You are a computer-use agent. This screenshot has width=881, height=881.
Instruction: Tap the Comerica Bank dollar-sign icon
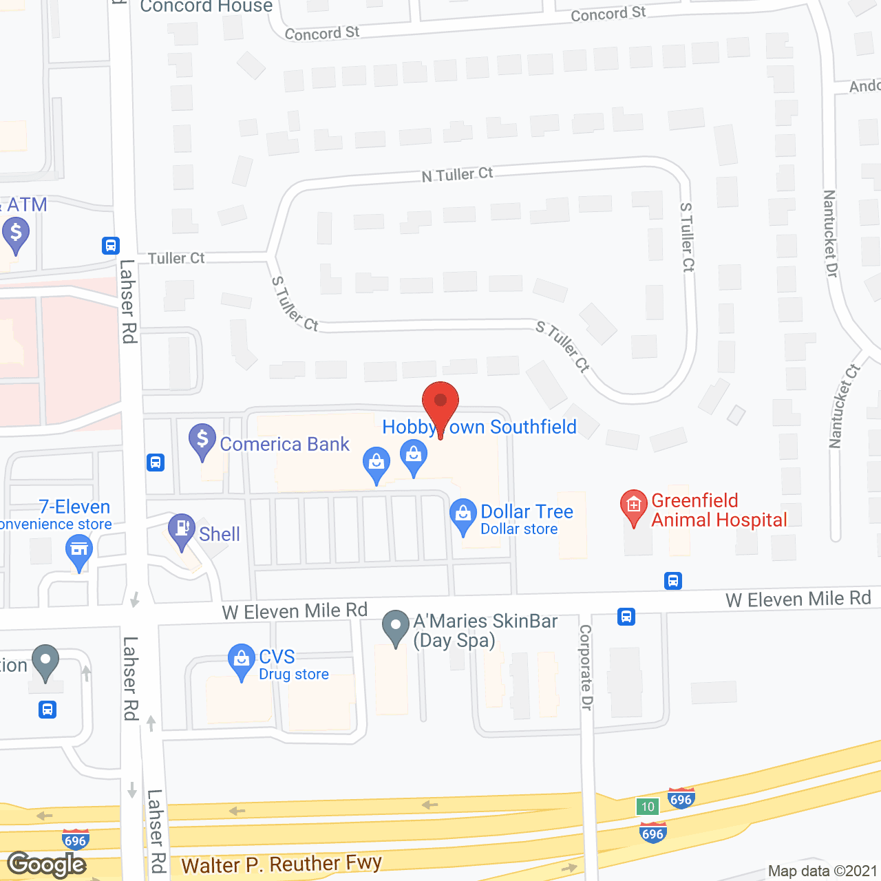[x=202, y=440]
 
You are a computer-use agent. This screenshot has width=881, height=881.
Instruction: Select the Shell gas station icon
[x=182, y=530]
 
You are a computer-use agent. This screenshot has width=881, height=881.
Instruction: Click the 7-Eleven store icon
[x=79, y=551]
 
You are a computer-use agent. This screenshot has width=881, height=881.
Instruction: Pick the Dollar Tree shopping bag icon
[x=463, y=515]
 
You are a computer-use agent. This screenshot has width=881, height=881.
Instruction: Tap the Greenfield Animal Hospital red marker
[x=634, y=506]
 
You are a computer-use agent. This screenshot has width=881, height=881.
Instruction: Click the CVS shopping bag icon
[x=241, y=660]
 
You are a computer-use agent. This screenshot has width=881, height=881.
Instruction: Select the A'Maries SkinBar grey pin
[x=396, y=626]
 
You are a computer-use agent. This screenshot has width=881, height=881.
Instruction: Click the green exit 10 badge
[x=647, y=807]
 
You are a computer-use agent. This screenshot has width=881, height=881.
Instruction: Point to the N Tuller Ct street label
[x=457, y=175]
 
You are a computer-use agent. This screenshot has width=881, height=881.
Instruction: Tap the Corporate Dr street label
[x=586, y=667]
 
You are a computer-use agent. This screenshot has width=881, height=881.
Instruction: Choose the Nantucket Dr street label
[x=830, y=234]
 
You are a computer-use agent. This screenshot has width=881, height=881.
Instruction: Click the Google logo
[x=47, y=864]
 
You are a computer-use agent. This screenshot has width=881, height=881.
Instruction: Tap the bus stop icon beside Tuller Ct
[x=111, y=246]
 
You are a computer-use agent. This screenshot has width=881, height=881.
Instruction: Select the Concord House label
[x=206, y=7]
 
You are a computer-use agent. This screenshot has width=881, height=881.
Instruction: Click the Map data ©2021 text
[x=822, y=871]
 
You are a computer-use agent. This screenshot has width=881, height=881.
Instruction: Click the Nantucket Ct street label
[x=844, y=406]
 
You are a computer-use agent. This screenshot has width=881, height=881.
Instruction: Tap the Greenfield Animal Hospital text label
[x=719, y=510]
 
